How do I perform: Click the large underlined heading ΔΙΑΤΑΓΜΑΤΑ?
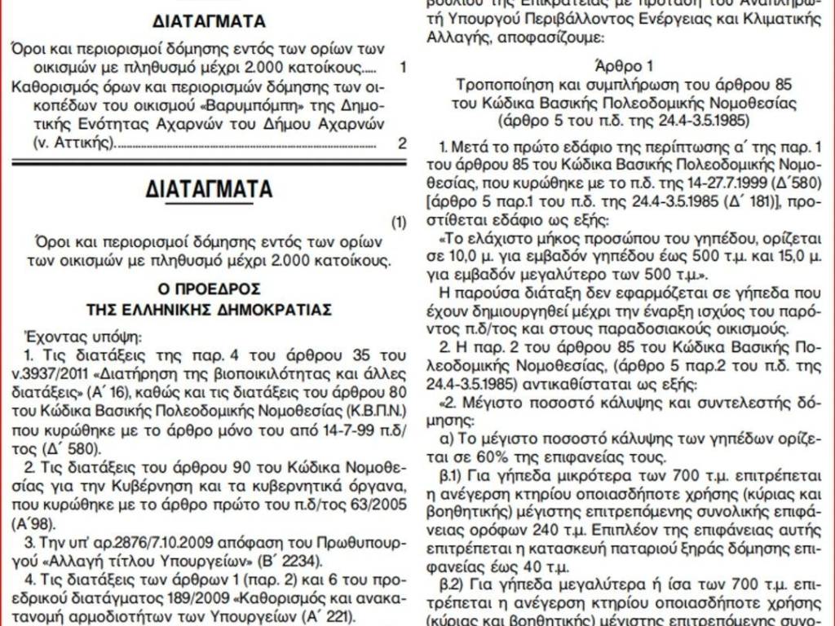(x=210, y=189)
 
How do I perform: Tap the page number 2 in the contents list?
(x=401, y=144)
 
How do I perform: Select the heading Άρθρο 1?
(x=625, y=66)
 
